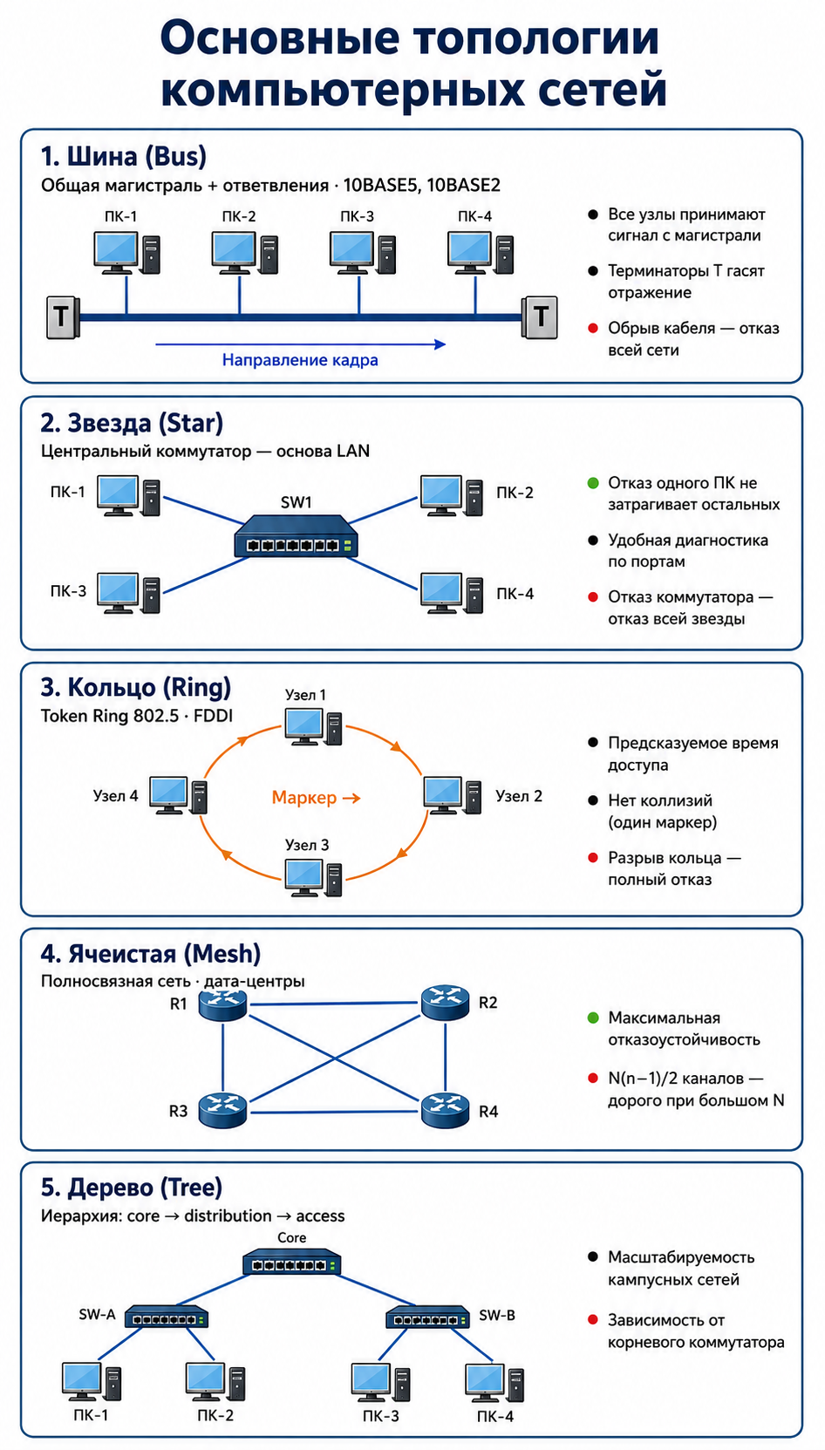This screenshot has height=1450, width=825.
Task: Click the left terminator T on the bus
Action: click(63, 317)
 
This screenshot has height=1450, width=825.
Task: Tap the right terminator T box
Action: click(540, 317)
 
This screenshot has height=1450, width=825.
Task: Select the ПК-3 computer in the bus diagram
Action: click(363, 253)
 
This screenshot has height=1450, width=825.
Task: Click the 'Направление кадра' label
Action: click(300, 360)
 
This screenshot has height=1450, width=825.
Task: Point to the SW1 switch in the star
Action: click(296, 535)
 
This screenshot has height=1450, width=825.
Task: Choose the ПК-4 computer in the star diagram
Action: click(452, 593)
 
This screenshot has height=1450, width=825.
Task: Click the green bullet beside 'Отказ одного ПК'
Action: click(592, 483)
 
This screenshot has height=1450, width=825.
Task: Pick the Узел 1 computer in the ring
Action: click(313, 727)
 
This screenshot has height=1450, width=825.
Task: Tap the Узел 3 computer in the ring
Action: click(313, 878)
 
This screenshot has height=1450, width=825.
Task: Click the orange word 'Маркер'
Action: click(304, 798)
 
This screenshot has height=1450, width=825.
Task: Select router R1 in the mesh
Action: click(222, 1004)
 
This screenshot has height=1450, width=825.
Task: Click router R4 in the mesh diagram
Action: click(445, 1111)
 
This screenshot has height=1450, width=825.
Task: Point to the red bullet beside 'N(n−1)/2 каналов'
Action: click(592, 1078)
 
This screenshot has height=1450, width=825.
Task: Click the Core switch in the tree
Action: click(292, 1262)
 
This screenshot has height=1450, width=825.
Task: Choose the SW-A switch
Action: click(167, 1316)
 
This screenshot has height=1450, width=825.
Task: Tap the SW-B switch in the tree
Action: click(427, 1316)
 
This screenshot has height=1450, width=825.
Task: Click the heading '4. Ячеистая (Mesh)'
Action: click(151, 954)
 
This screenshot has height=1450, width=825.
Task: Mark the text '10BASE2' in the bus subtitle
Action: click(464, 186)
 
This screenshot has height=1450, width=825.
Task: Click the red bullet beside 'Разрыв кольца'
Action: click(592, 858)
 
